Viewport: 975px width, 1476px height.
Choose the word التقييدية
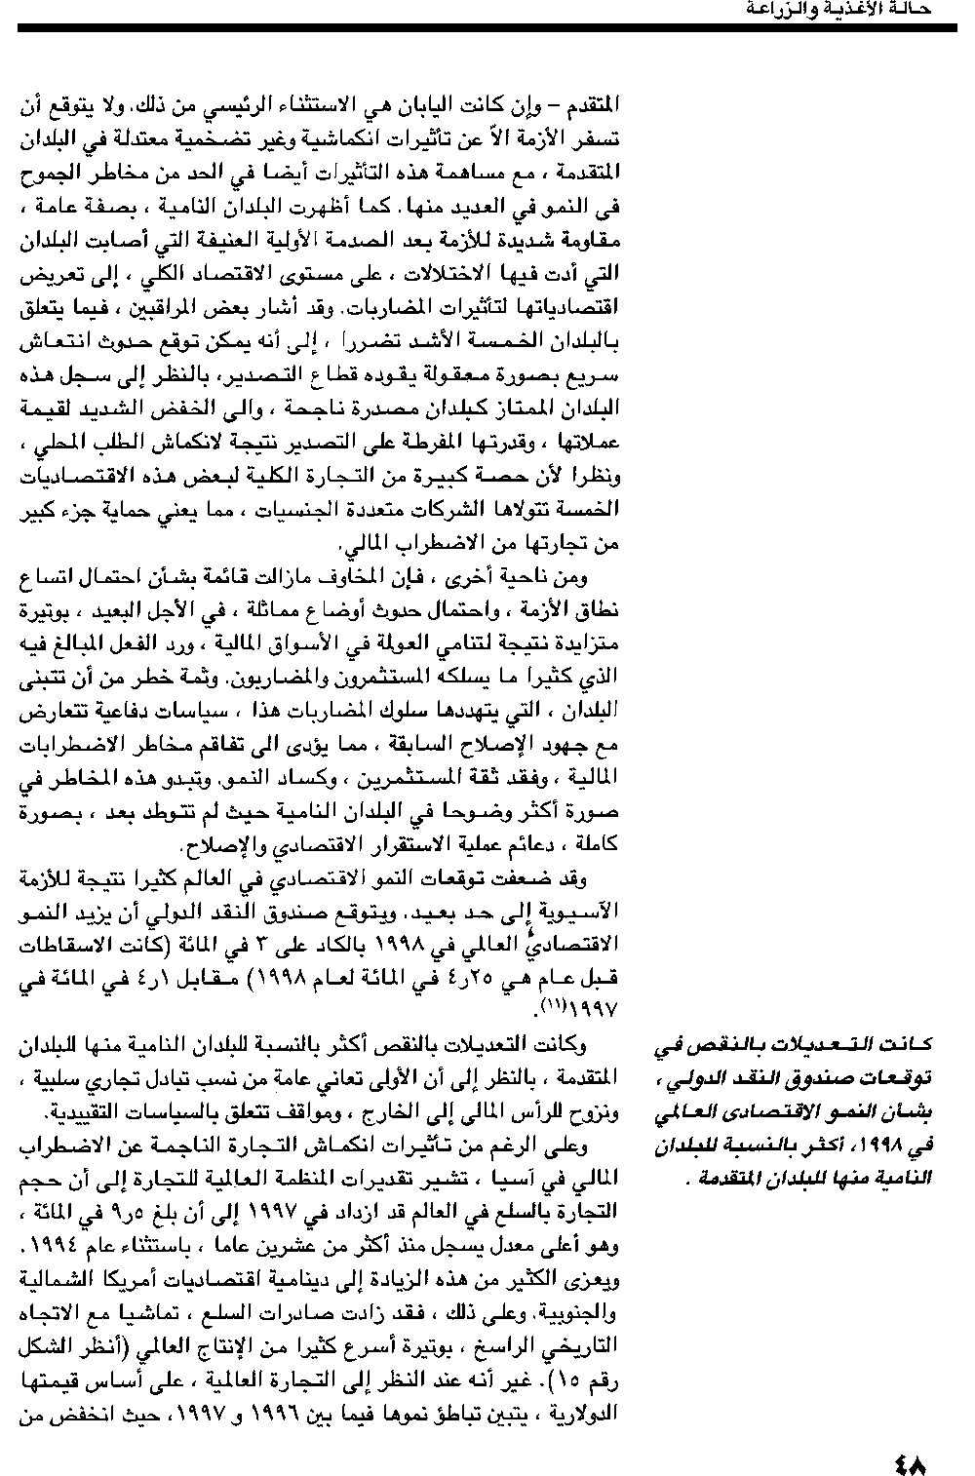pyautogui.click(x=71, y=1111)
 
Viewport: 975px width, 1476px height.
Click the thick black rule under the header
pyautogui.click(x=487, y=28)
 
